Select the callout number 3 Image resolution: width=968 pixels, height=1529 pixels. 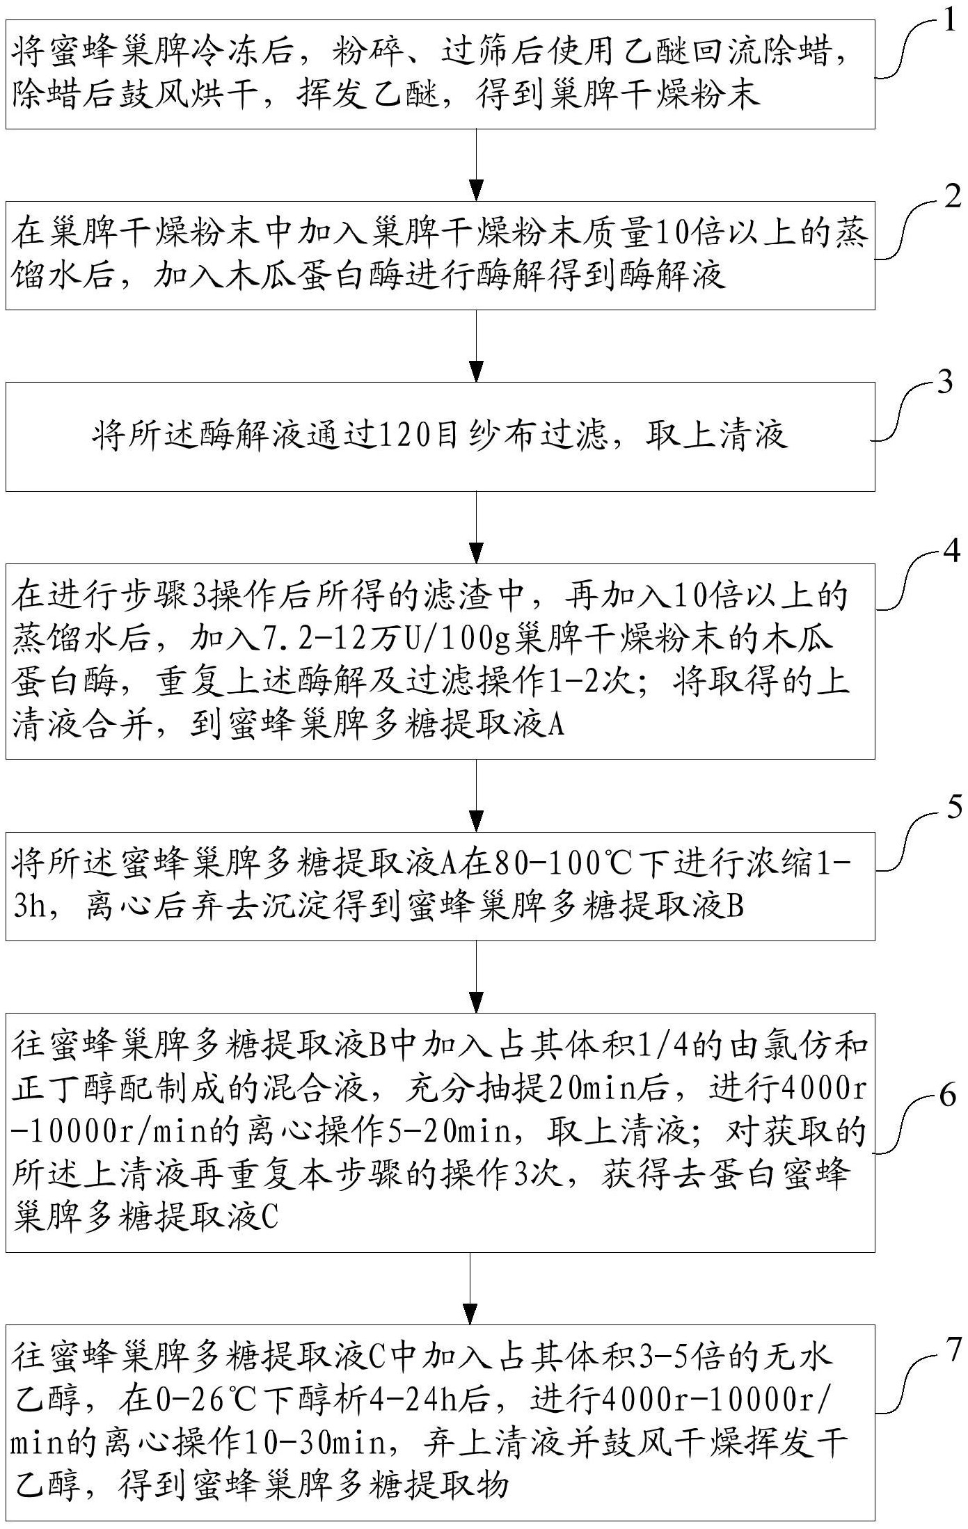coord(944,383)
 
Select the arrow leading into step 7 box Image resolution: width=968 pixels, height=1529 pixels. coord(470,1289)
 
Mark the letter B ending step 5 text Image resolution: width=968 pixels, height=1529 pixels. coord(736,906)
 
